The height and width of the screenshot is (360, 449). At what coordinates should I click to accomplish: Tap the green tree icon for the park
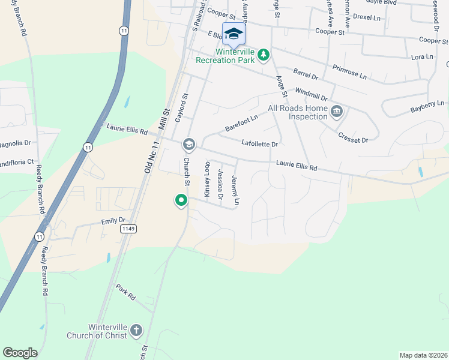[263, 55]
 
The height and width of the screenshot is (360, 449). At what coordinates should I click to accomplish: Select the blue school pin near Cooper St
[234, 34]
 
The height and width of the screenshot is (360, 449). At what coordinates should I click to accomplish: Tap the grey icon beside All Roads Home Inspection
[337, 111]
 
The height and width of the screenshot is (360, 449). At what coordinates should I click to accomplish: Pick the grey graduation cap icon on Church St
[189, 144]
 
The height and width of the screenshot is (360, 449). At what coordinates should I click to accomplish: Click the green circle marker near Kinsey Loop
[181, 200]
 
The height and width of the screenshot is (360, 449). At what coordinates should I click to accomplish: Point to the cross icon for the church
[136, 330]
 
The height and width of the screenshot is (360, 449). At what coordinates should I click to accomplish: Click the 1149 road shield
[128, 229]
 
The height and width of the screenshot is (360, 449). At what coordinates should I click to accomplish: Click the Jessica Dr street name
[220, 184]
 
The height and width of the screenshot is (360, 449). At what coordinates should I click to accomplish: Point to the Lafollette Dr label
[259, 144]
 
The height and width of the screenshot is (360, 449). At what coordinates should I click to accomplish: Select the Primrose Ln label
[349, 73]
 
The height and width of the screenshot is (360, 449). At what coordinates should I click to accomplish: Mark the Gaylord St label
[178, 108]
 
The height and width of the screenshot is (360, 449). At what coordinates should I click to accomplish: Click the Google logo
[20, 353]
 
